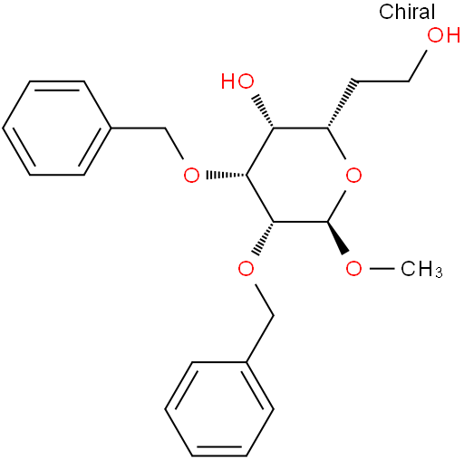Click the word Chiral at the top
click(407, 12)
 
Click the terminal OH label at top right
click(444, 34)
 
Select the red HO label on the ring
click(237, 81)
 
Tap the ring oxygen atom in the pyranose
click(353, 175)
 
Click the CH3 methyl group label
click(421, 268)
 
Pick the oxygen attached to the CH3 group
click(353, 268)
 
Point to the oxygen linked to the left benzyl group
click(191, 175)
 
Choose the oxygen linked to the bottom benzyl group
click(246, 268)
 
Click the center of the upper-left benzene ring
click(57, 128)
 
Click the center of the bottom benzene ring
click(219, 409)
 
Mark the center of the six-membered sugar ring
click(300, 175)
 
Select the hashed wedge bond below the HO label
click(265, 111)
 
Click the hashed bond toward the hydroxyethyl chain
click(343, 103)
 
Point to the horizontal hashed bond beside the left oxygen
click(227, 175)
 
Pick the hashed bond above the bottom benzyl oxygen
click(264, 239)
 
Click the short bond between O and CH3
click(382, 268)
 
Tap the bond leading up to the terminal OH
click(418, 66)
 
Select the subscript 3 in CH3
click(440, 273)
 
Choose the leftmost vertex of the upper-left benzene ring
click(3, 128)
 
